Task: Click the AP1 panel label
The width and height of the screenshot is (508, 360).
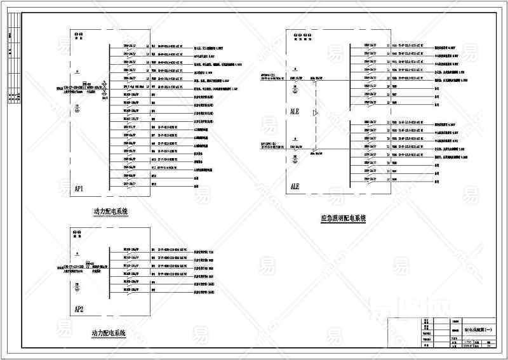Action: (x=80, y=189)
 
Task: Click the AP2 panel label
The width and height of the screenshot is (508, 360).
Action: (x=80, y=310)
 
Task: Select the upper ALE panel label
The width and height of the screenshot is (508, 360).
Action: (x=295, y=110)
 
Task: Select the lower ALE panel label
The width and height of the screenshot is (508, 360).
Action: (x=295, y=187)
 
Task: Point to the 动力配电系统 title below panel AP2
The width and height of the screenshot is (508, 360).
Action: (x=109, y=333)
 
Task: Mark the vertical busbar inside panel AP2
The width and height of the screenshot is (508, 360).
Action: (x=109, y=274)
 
